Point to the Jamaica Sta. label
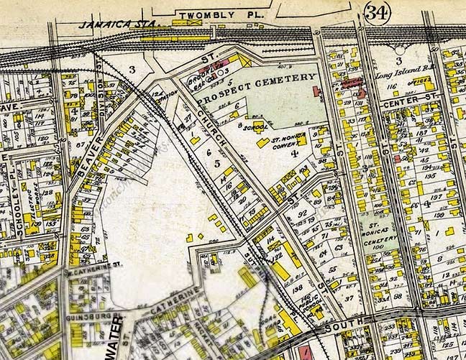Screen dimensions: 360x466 coord(109,24)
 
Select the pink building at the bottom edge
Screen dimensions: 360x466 coord(303,353)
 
